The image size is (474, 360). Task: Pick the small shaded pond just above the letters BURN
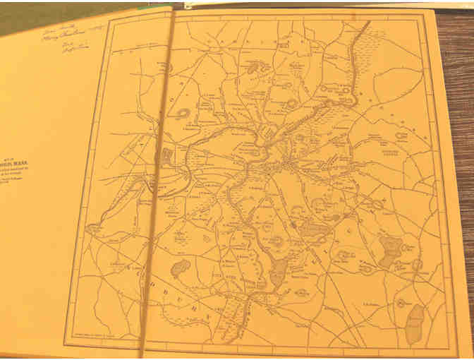tap(181, 268)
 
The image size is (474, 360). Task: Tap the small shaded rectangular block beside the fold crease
tap(167, 157)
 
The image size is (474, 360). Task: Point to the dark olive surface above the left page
tap(71, 8)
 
